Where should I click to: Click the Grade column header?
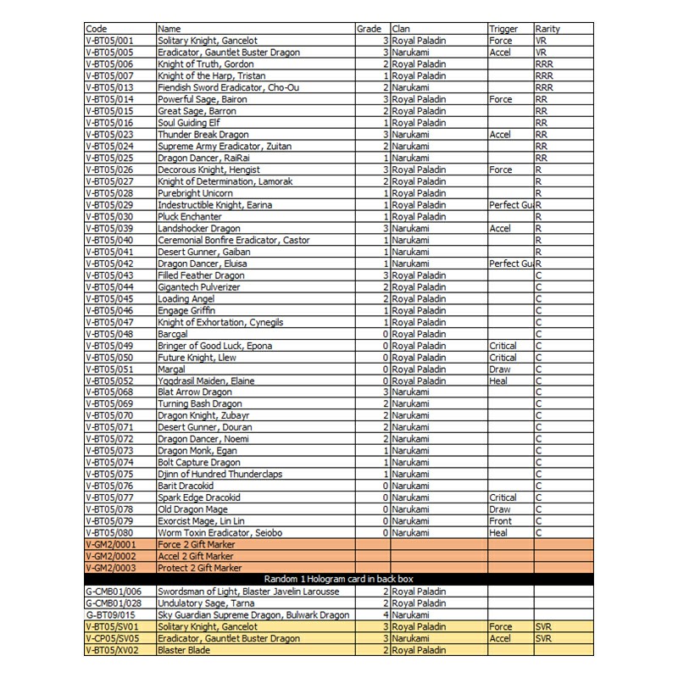pos(369,29)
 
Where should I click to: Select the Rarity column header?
pos(547,29)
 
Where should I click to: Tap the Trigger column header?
pos(503,29)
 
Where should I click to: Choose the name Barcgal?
pos(175,334)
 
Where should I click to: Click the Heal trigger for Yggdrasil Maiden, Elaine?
pos(500,381)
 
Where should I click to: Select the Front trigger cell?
pos(501,521)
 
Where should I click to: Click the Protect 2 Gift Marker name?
pos(200,568)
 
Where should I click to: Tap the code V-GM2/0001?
pos(113,545)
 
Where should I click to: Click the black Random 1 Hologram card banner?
pos(339,580)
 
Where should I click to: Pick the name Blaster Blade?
pos(183,650)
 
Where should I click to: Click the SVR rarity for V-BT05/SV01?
pos(544,626)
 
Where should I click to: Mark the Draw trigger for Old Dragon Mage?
pos(500,509)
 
